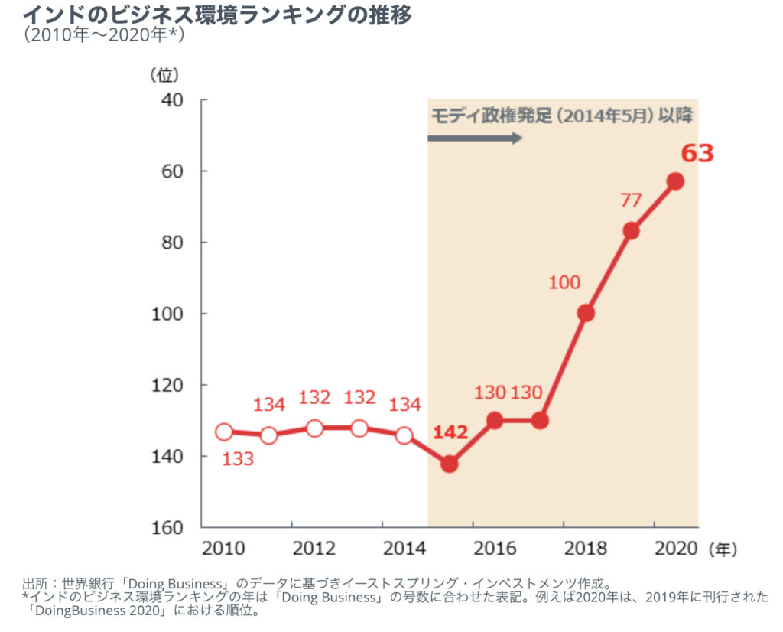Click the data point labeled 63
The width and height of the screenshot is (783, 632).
click(675, 181)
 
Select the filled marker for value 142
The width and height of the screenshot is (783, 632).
click(450, 464)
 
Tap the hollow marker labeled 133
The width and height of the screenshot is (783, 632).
click(224, 432)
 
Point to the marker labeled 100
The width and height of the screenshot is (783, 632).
click(586, 313)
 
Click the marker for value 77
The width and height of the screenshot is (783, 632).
click(631, 231)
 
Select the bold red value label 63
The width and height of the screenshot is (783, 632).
click(697, 154)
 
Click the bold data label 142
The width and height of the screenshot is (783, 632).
click(450, 432)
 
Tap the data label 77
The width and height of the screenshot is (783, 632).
click(631, 200)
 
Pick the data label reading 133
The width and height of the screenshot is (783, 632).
click(238, 459)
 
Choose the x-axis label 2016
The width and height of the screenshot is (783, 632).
click(495, 549)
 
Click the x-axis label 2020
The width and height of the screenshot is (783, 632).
click(675, 549)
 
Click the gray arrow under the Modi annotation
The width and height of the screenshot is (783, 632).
click(474, 138)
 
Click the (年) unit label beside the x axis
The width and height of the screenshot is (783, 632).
click(723, 549)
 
